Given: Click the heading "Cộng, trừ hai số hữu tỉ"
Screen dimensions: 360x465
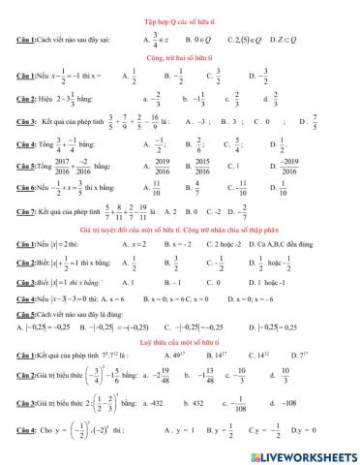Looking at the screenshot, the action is (179, 59).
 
